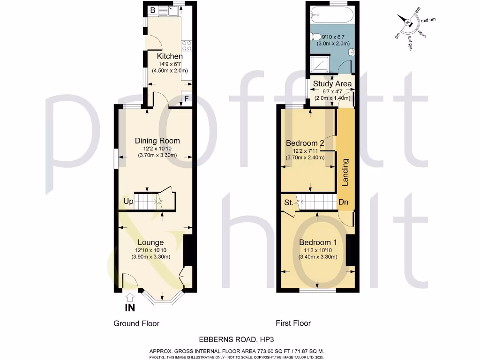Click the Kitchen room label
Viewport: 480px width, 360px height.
coord(170,56)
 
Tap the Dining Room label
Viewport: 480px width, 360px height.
coord(157,141)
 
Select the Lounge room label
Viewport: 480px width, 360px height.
coord(150,242)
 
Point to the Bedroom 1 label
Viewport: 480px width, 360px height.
coord(318,242)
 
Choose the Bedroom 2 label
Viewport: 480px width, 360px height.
coord(305,143)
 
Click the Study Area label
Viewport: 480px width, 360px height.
coord(332,84)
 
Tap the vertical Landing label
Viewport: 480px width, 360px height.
coord(345,172)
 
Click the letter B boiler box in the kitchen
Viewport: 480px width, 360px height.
coord(152,9)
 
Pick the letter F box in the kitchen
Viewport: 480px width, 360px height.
coord(186,99)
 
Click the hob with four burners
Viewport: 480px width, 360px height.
coord(186,45)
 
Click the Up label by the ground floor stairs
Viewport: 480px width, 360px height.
coord(128,202)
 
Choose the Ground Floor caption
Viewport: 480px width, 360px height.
coord(136,323)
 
